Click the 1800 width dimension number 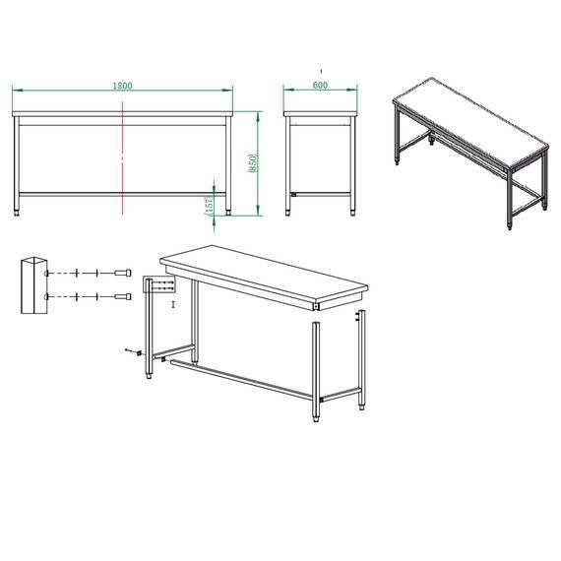[122, 86]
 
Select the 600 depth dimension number [320, 86]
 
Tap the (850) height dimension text [253, 162]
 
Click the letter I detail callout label [173, 305]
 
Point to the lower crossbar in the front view [122, 193]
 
